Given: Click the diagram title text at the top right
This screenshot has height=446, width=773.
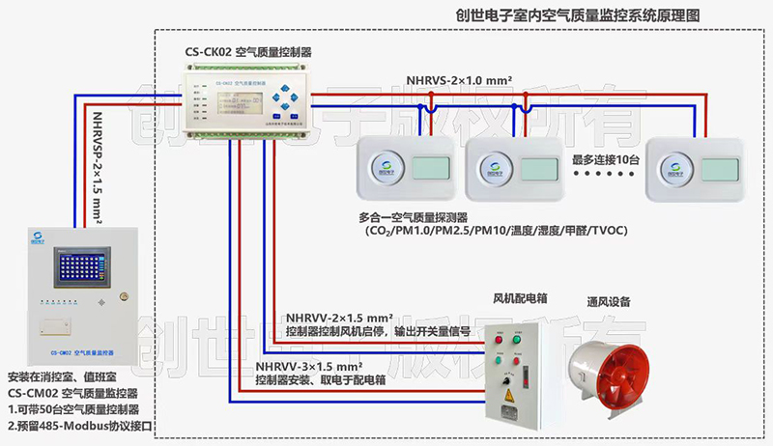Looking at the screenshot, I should [x=589, y=16].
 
